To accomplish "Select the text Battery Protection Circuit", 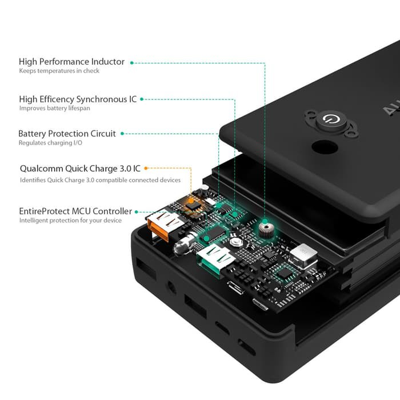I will [67, 134].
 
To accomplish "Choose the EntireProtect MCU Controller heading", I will [76, 211].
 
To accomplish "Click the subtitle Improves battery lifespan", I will [54, 108].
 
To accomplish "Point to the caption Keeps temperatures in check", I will [59, 71].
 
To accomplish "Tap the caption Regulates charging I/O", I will [50, 143].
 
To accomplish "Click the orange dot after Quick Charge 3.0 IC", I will [146, 169].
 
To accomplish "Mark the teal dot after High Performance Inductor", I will [131, 62].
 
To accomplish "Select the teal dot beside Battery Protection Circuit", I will [122, 134].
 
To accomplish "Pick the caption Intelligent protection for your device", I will [70, 221].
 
